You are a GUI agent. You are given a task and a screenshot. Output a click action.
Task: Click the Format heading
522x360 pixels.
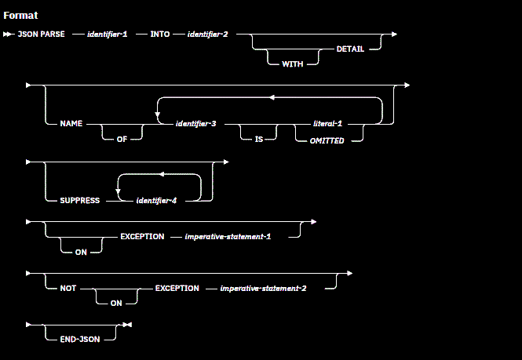20,16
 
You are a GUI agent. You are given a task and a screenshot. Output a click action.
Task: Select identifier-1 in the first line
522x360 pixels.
109,35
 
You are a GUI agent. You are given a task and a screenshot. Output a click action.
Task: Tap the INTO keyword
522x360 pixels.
161,35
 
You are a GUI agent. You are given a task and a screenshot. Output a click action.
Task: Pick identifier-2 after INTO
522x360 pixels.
207,35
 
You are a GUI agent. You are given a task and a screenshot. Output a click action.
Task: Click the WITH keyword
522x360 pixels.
293,64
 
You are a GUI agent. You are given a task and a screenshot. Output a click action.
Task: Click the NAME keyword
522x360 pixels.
71,125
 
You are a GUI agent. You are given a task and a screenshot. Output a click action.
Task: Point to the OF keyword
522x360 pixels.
123,140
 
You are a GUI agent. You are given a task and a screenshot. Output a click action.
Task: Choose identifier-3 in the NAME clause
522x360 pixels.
198,125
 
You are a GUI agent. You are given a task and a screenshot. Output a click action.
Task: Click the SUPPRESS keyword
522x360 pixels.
80,201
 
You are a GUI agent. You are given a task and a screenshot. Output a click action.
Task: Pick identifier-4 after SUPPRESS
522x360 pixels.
156,201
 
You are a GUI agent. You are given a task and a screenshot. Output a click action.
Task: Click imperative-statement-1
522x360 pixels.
228,236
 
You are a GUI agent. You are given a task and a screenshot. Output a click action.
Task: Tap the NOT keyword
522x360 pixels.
68,288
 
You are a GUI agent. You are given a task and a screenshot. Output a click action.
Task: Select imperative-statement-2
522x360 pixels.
263,288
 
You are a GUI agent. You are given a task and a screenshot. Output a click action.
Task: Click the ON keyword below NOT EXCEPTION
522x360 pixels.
115,303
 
